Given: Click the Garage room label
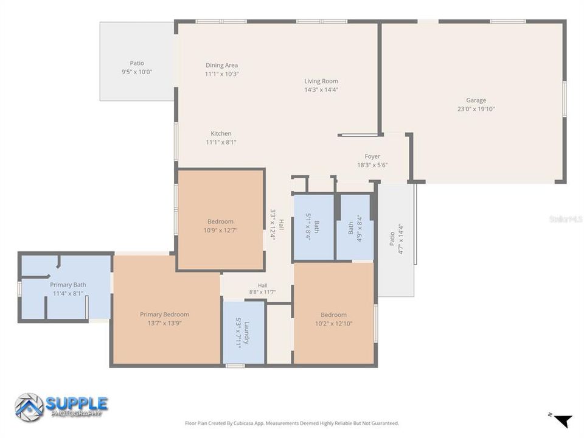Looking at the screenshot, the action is [x=476, y=100].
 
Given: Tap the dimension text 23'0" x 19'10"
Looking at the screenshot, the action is [x=476, y=109].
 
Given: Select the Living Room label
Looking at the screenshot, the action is [x=321, y=81].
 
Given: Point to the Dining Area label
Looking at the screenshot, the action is [x=221, y=65].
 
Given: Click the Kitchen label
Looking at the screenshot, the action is [x=221, y=133].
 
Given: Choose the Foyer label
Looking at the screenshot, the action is [x=372, y=156].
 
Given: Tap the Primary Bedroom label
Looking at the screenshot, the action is [x=165, y=315].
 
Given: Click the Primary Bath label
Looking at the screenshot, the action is [x=68, y=285].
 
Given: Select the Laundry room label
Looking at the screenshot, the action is [x=246, y=333].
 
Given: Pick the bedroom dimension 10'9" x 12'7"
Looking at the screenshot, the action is [x=220, y=230].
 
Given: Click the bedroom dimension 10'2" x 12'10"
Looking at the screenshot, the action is [x=334, y=324].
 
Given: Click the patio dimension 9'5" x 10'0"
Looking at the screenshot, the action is [x=137, y=72].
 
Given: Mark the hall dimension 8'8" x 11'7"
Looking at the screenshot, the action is [x=263, y=293].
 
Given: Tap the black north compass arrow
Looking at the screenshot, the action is [x=563, y=421].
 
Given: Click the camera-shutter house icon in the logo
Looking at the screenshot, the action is [x=29, y=407].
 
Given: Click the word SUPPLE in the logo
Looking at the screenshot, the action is [x=77, y=403].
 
